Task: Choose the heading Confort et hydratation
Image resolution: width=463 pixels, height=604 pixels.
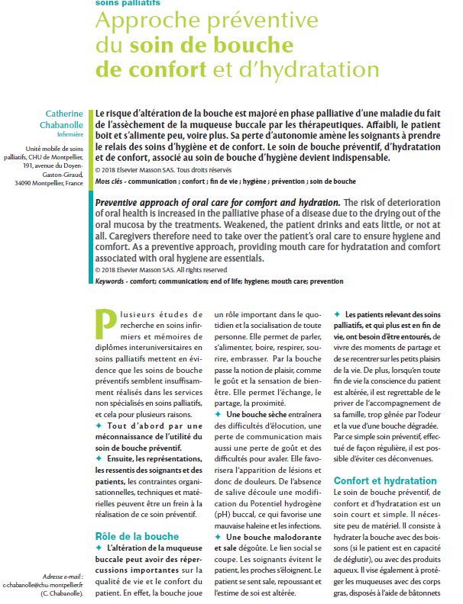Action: tap(385, 481)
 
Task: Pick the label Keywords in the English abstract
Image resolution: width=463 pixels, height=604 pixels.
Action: tap(112, 281)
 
